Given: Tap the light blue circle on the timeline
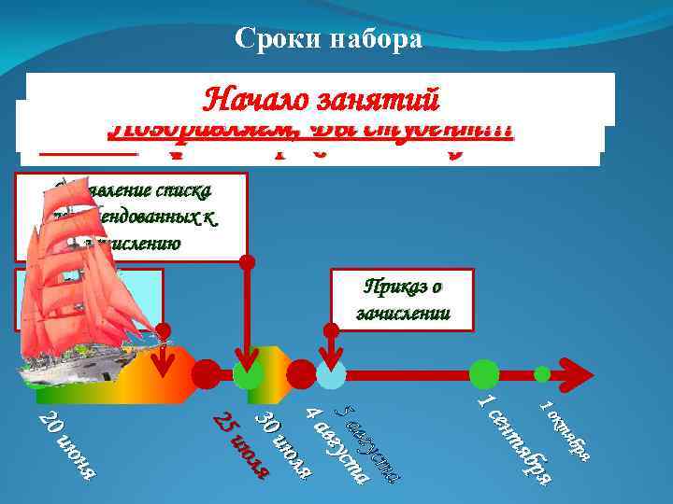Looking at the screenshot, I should tap(331, 373).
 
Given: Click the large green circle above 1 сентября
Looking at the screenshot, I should tap(484, 373).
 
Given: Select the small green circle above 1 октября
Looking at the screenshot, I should tap(543, 373).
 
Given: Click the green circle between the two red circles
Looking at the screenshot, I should tap(248, 374).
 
